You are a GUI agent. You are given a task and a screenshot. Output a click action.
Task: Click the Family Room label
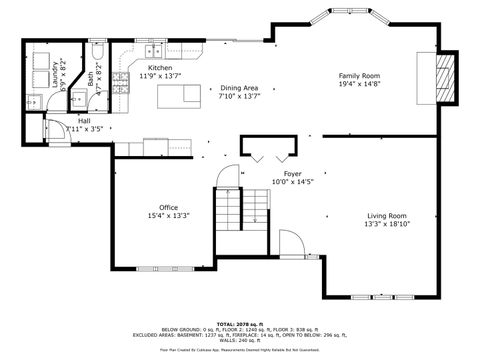pos(359,76)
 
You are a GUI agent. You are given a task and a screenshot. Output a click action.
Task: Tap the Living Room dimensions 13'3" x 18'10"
pos(386,225)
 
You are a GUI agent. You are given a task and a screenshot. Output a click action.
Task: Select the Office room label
pos(168,207)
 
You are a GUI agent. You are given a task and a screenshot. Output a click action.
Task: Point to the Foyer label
pos(293,173)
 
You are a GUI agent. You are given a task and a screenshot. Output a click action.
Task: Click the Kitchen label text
pos(160,67)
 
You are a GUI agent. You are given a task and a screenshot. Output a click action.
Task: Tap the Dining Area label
pos(238,88)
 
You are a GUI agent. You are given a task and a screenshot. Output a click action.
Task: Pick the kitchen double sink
pos(154,51)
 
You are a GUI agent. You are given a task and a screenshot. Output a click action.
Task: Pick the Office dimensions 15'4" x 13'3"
pos(168,215)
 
